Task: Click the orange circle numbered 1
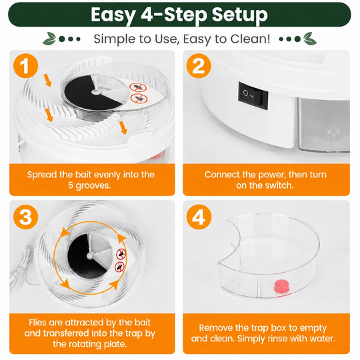[x=26, y=66]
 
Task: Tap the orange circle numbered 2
[x=199, y=66]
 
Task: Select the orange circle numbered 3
[x=26, y=217]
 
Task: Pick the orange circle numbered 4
[x=199, y=217]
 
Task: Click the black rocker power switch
[x=253, y=95]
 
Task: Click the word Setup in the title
[x=240, y=15]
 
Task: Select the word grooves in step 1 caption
[x=93, y=186]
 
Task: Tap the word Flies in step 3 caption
[x=37, y=323]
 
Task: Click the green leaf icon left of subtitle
[x=49, y=39]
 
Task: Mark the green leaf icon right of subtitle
[x=310, y=39]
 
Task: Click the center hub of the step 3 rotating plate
[x=90, y=255]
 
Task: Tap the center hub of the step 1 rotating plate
[x=95, y=92]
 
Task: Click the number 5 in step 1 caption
[x=71, y=185]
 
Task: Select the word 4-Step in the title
[x=174, y=15]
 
